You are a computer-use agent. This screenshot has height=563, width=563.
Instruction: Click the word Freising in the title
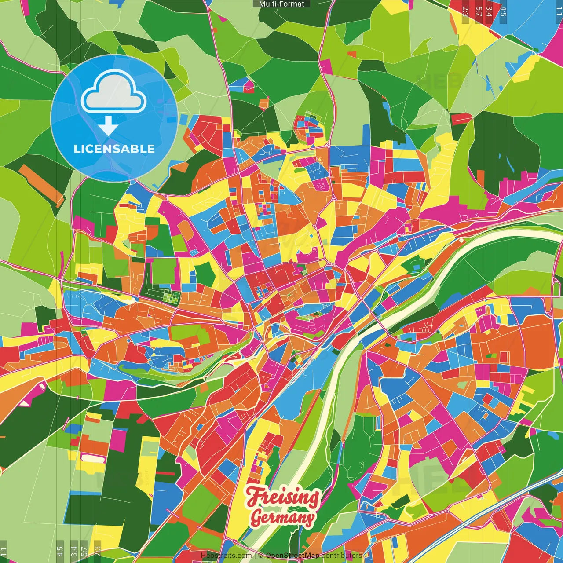pos(282,497)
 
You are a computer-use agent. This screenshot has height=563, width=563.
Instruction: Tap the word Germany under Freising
pos(282,517)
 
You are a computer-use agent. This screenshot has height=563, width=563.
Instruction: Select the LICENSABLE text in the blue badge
pos(114,149)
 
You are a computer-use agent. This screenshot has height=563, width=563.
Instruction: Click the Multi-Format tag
pos(281,4)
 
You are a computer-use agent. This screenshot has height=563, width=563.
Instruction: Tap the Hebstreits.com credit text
pos(226,556)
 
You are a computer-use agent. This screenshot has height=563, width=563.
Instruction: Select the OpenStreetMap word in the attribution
pos(292,556)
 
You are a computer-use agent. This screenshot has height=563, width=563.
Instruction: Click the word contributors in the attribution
pos(342,556)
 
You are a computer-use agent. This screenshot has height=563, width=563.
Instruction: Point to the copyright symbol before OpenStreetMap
pos(261,556)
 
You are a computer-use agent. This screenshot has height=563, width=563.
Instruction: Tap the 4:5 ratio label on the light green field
pos(60,551)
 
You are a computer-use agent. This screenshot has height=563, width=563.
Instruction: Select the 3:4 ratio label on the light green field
pos(74,551)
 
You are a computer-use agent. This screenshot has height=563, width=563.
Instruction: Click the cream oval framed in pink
pos(94,459)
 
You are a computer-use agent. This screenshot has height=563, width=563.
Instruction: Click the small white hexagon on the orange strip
pos(132,300)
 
